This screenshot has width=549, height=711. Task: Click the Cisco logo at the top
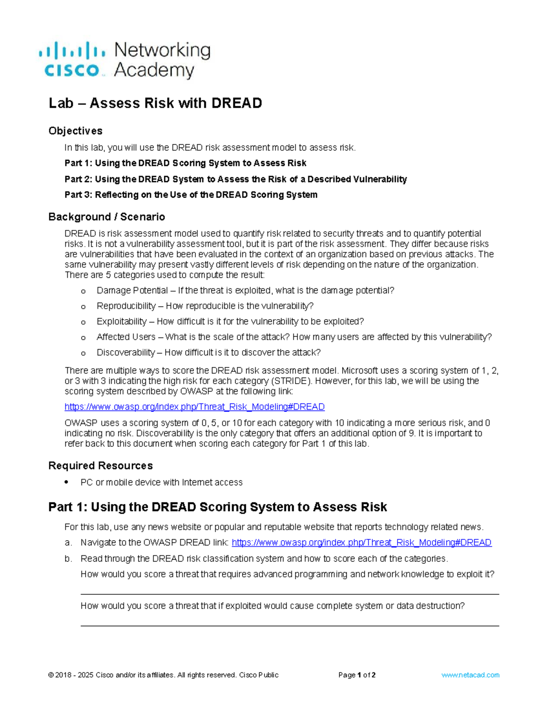click(x=124, y=60)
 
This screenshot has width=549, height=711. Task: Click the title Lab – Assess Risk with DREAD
click(x=155, y=103)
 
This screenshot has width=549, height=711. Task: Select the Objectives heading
click(x=75, y=131)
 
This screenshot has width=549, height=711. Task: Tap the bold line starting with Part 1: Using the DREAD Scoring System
click(x=185, y=163)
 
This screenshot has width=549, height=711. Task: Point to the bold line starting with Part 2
click(x=236, y=179)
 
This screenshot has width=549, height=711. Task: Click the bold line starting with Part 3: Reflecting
click(x=191, y=195)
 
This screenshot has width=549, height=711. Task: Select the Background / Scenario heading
click(x=107, y=217)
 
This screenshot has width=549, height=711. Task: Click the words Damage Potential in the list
click(x=132, y=291)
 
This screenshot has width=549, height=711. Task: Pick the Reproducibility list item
click(x=126, y=306)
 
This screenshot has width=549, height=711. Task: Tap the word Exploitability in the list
click(x=122, y=321)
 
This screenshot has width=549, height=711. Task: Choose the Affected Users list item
click(x=126, y=337)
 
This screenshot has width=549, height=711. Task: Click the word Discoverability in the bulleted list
click(x=126, y=353)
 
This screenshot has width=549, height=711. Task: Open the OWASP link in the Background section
click(x=194, y=407)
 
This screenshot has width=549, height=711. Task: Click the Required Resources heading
click(x=101, y=466)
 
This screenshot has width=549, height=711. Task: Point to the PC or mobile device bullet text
click(x=161, y=483)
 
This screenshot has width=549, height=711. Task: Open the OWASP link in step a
click(x=361, y=543)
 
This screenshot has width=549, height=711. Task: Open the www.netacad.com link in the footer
click(x=470, y=675)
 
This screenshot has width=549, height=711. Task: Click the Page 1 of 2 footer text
click(x=357, y=675)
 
